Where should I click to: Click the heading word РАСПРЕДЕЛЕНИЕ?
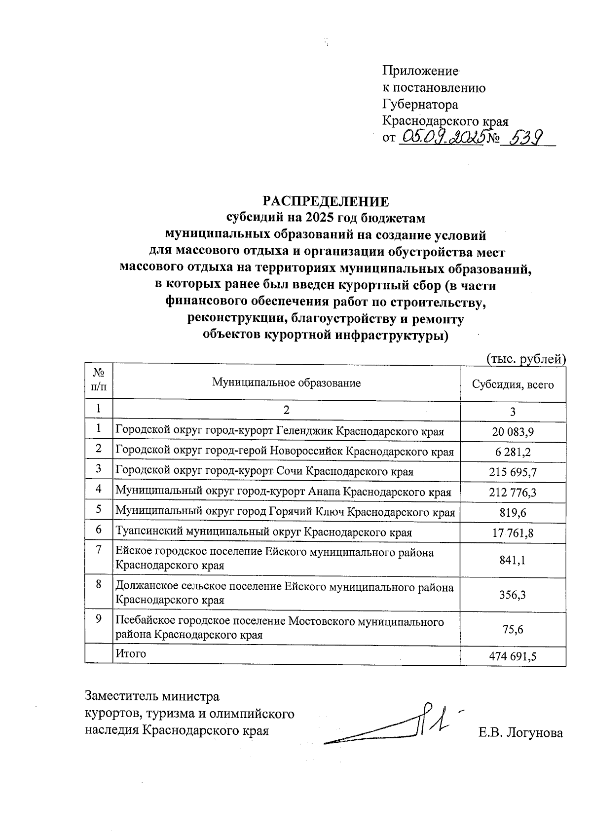tap(325, 201)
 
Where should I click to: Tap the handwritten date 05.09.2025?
tap(441, 137)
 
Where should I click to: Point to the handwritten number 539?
tap(525, 137)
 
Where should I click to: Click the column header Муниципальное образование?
tap(286, 382)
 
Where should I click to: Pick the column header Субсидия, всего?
tap(513, 384)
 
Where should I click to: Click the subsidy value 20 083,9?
tap(513, 432)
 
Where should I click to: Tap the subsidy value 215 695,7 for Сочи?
tap(513, 472)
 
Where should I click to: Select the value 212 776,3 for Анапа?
tap(513, 493)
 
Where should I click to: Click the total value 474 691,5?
tap(513, 656)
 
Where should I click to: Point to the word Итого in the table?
tap(131, 653)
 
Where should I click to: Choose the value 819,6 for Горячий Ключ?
tap(513, 513)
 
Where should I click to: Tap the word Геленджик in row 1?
tap(304, 431)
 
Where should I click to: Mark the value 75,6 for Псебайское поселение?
tap(513, 629)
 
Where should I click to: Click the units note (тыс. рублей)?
tap(525, 359)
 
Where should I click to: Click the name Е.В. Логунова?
tap(520, 733)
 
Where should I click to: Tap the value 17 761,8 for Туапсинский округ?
tap(513, 533)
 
